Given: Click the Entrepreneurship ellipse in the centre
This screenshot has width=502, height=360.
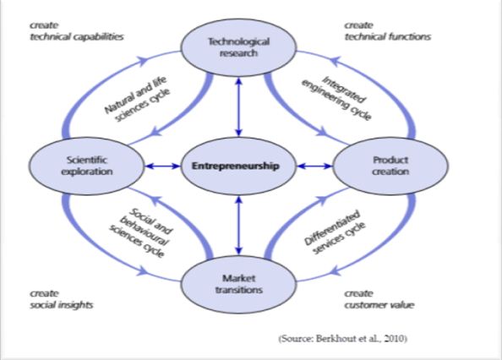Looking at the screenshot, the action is point(238,166).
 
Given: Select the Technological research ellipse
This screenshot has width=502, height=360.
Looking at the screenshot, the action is point(238,47).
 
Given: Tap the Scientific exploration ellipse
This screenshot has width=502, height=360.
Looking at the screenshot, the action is point(86,166).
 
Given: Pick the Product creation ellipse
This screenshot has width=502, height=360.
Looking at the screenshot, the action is point(390,166).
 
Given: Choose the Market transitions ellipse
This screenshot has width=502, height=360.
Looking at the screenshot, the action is point(238,285).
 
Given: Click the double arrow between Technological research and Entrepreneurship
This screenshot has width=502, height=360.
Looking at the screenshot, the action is point(238,107).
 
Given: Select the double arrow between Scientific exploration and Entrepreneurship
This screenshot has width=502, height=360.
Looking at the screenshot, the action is point(162,166).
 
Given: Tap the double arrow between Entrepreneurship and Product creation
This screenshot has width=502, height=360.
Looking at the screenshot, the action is point(314,166).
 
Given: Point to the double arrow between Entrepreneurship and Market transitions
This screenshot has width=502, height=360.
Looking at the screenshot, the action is point(238,226).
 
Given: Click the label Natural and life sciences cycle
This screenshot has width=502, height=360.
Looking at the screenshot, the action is point(137,99).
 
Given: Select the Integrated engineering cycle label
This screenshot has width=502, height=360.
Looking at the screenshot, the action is point(337,98).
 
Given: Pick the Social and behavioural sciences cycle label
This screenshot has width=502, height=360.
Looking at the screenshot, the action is point(141,232).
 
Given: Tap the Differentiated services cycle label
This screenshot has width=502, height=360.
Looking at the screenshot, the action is point(335,232).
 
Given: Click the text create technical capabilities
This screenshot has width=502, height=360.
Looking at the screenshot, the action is point(77,31).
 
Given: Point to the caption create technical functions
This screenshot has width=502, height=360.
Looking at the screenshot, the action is point(388,31).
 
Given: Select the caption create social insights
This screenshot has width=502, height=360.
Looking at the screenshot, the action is point(62,299).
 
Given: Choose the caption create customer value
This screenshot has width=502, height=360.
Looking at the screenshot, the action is point(379,299).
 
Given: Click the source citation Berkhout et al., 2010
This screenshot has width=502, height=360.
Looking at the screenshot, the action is point(343,339).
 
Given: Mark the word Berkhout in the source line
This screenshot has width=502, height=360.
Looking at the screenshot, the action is point(335,339).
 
